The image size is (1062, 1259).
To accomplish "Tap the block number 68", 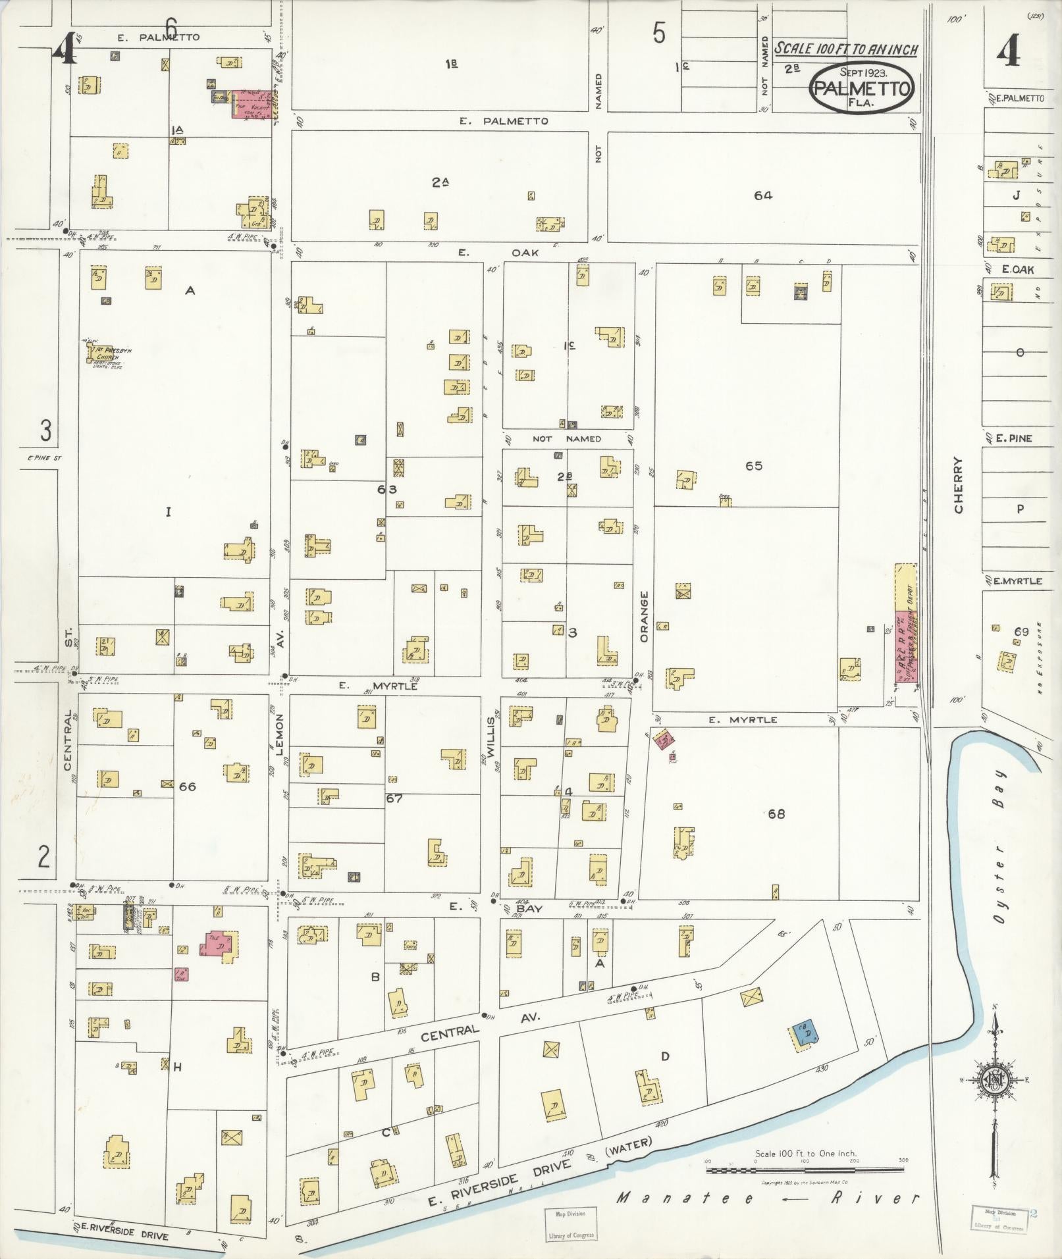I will (x=776, y=814).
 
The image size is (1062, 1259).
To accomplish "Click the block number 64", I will (x=763, y=195).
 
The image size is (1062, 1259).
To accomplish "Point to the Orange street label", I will (x=644, y=617).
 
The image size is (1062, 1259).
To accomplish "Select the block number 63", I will (x=387, y=489).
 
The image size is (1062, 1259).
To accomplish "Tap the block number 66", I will (x=188, y=786).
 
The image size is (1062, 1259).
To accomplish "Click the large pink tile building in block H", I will (x=218, y=945).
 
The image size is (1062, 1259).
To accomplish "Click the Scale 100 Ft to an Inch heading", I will (x=845, y=49).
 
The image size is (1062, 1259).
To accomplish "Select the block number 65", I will (x=753, y=466).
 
